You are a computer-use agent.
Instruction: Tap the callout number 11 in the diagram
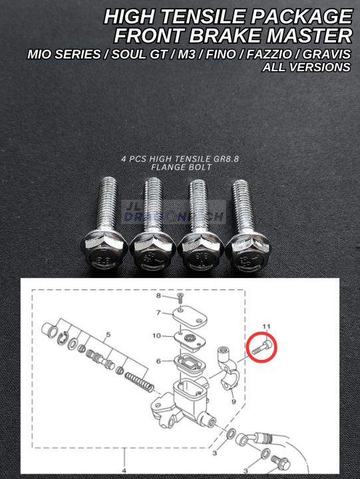point(267,325)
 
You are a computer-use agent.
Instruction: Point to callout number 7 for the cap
point(158,312)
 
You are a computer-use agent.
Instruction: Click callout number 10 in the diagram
point(156,335)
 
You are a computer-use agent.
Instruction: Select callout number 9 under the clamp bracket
point(233,401)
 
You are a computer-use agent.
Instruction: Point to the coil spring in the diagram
point(138,380)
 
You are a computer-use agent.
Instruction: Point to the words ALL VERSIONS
point(307,67)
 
